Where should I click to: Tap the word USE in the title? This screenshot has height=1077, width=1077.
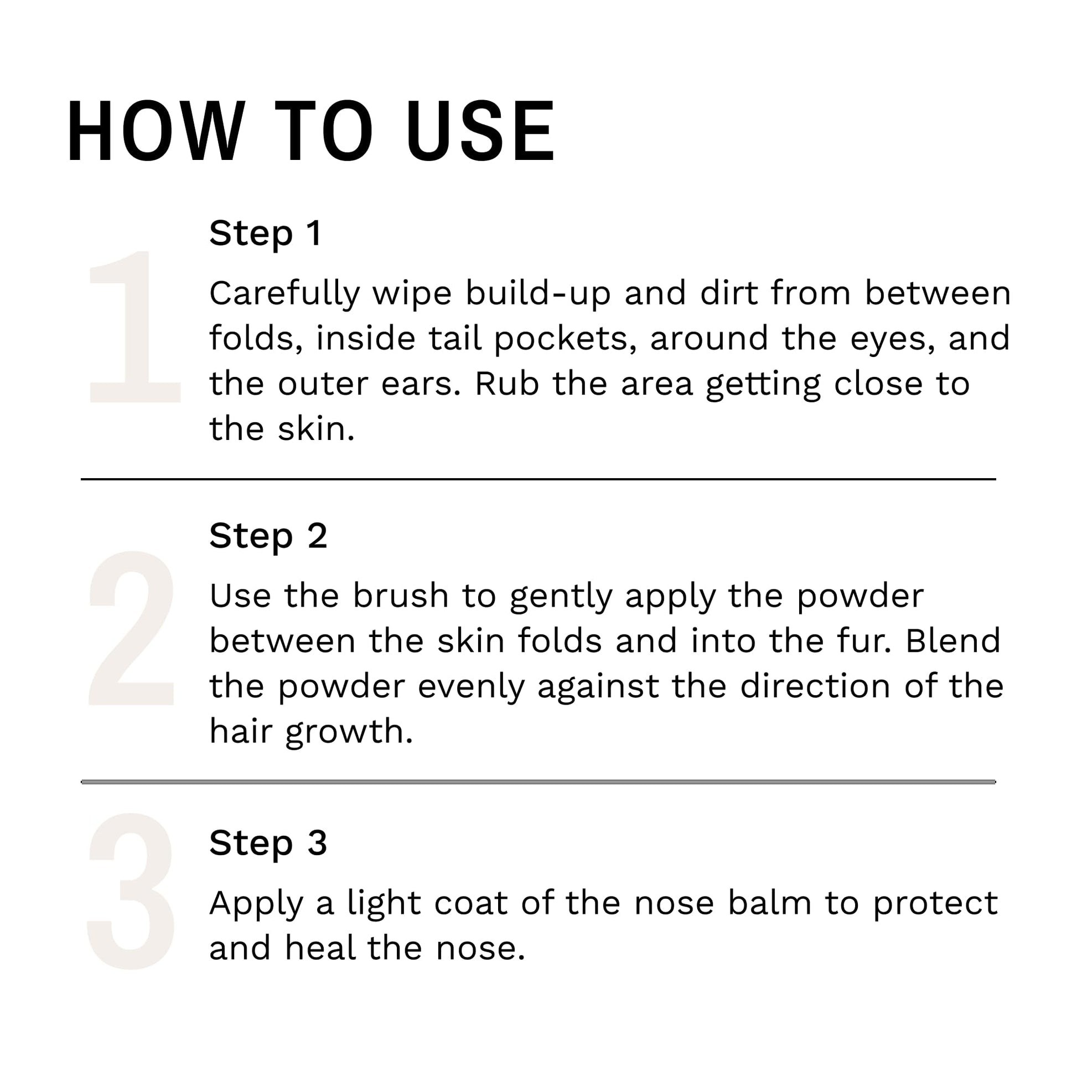[480, 132]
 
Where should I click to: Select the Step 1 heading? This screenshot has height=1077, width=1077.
[265, 234]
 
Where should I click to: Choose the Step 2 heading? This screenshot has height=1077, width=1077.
[268, 536]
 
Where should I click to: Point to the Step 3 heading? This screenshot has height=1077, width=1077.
[268, 843]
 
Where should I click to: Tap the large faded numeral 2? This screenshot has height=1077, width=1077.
[132, 628]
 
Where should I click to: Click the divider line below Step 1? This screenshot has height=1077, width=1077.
[538, 479]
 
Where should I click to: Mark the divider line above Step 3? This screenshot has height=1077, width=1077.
[538, 781]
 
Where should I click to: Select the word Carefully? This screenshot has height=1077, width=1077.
[285, 294]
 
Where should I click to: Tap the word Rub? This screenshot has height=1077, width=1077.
[507, 384]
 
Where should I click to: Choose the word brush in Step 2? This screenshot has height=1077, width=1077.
[401, 596]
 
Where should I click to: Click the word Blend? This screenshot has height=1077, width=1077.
[952, 640]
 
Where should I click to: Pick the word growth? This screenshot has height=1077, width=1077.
[349, 732]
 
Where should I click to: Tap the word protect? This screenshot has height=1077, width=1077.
[935, 904]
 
